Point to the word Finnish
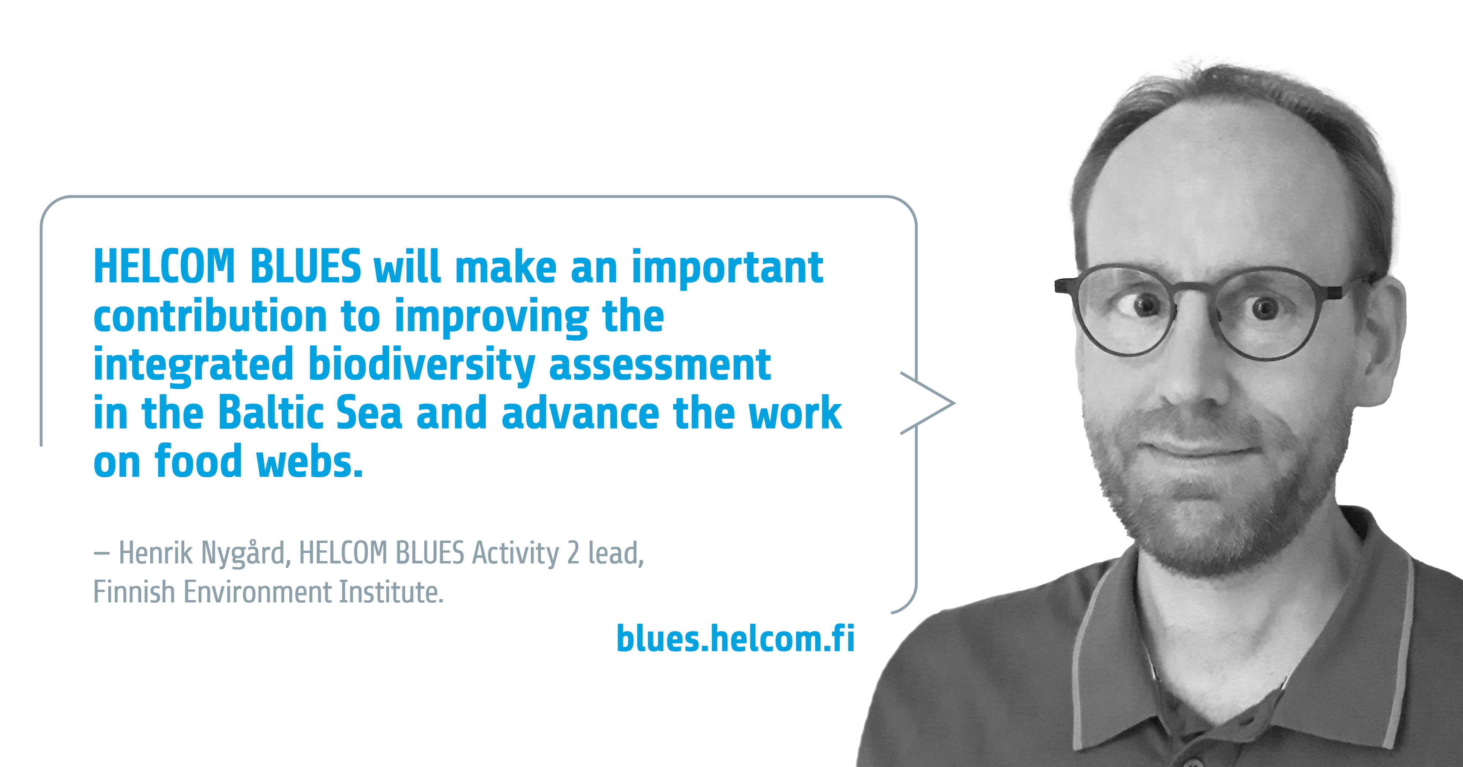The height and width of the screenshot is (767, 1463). click(x=134, y=592)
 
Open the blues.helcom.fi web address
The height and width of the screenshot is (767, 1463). click(x=736, y=639)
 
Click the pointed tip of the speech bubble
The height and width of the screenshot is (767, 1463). click(x=955, y=403)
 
